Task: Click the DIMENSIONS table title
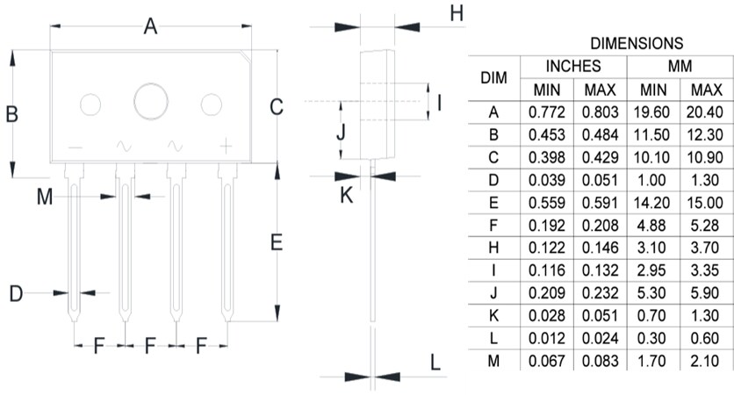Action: coord(637,43)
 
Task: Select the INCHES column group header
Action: coord(573,67)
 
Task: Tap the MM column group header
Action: coord(680,67)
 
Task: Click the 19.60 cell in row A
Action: coord(653,112)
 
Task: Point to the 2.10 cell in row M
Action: coord(706,360)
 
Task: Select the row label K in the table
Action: coord(494,314)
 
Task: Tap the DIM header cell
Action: coord(494,78)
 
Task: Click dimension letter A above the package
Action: coord(150,28)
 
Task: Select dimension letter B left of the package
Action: coord(12,114)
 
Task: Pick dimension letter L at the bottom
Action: coord(435,363)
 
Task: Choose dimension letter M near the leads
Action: coord(45,197)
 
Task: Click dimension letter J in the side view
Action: coord(342,133)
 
